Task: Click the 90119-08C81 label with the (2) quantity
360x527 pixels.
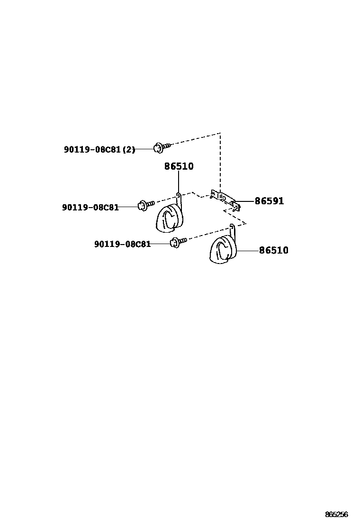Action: click(93, 149)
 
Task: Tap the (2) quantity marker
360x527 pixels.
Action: click(129, 149)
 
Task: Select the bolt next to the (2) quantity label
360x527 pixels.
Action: click(160, 147)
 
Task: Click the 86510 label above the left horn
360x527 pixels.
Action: click(179, 166)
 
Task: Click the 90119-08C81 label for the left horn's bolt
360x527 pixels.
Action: click(90, 207)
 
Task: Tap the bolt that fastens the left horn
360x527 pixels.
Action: click(144, 205)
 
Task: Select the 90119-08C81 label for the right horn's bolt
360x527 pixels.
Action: click(122, 244)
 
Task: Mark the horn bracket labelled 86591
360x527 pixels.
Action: click(224, 199)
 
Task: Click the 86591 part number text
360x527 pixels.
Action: click(269, 201)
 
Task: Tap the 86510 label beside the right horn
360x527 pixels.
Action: click(273, 250)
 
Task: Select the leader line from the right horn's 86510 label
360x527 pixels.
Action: click(247, 250)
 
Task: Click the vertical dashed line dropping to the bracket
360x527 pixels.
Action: click(220, 161)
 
